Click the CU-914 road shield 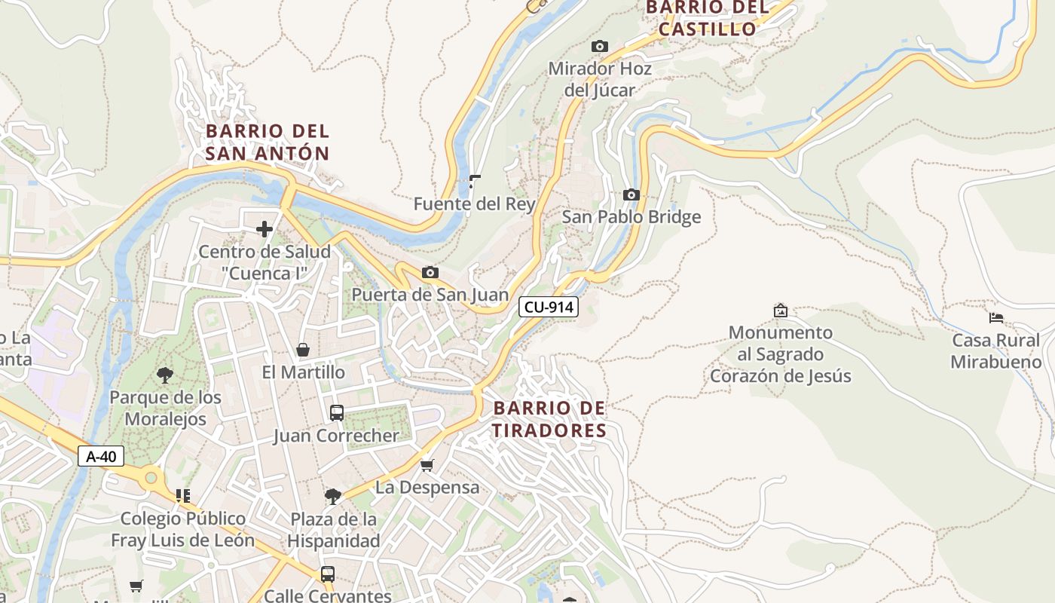pos(548,307)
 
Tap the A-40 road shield pos(101,456)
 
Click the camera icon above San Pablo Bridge pos(631,195)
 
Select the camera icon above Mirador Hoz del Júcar pos(600,47)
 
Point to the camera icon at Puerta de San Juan pos(430,272)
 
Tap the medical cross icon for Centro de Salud pos(265,229)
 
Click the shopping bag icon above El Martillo pos(303,350)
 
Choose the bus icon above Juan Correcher pos(337,413)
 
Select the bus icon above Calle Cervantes pos(328,574)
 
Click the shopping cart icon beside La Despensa pos(427,465)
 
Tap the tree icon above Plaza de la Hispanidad pos(332,496)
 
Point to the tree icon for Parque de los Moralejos pos(165,375)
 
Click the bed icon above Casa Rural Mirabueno pos(996,318)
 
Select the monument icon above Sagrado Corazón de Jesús pos(781,310)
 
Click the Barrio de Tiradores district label pos(549,419)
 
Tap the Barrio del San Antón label pos(268,142)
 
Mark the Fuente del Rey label pos(475,204)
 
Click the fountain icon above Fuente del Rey pos(475,181)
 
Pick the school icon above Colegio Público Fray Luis pos(182,495)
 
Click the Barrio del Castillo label pos(707,18)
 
